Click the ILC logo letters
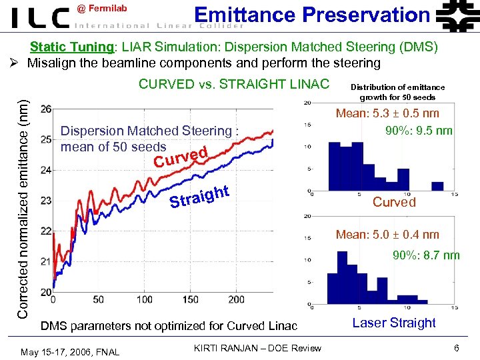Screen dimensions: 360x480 click(40, 17)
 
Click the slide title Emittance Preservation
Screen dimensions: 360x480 click(311, 14)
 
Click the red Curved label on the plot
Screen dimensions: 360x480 click(181, 157)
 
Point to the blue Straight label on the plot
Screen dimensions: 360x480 click(199, 196)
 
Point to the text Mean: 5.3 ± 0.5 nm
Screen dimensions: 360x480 click(387, 113)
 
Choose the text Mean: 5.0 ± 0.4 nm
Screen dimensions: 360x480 click(387, 234)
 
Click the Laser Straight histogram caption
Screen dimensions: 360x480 click(393, 323)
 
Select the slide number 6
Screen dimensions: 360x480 click(456, 348)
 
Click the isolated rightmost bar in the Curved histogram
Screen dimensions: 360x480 click(437, 185)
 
